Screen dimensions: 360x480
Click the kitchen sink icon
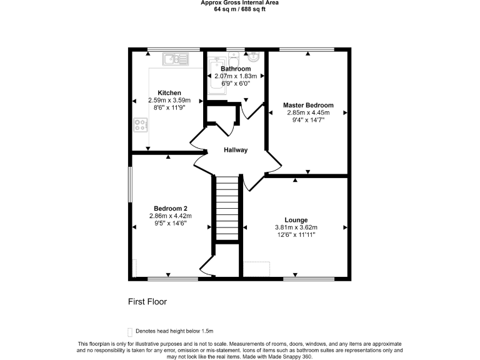point(176,59)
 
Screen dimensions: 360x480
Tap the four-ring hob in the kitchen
point(140,125)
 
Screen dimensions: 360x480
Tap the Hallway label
point(236,150)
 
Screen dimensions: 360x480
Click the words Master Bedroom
point(308,105)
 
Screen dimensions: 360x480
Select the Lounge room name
point(296,219)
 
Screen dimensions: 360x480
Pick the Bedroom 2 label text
point(171,209)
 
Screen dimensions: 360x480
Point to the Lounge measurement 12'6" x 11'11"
point(296,235)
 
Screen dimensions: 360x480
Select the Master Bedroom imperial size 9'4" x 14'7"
point(308,121)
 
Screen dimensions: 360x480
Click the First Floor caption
point(147,301)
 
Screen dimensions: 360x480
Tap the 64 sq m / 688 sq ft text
point(240,9)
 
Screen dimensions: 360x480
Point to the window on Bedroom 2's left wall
point(130,184)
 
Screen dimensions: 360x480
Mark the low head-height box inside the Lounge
point(257,269)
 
